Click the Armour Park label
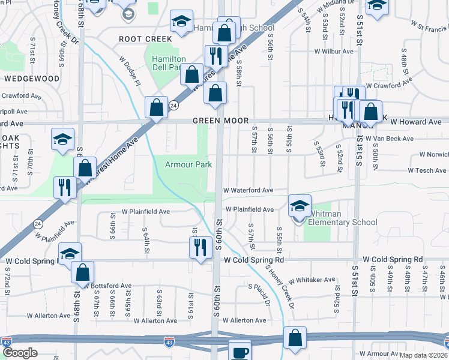189,164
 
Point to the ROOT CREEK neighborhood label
145,39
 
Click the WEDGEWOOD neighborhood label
31,79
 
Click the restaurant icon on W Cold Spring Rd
199,247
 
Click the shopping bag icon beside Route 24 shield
156,107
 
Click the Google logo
20,353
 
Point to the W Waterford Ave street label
249,190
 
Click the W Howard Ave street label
416,122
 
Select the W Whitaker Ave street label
312,280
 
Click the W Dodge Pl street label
130,71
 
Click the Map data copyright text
424,355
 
